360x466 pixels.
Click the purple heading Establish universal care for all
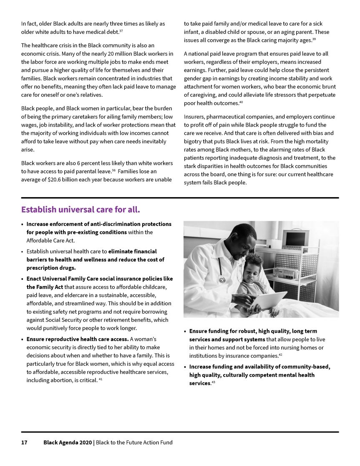pyautogui.click(x=83, y=209)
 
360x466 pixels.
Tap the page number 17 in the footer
pyautogui.click(x=24, y=443)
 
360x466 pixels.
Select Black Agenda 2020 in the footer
pyautogui.click(x=68, y=443)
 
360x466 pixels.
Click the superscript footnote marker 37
pyautogui.click(x=121, y=30)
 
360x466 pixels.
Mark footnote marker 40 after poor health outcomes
pyautogui.click(x=241, y=102)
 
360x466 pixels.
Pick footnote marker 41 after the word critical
pyautogui.click(x=101, y=379)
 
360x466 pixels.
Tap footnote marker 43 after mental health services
pyautogui.click(x=213, y=382)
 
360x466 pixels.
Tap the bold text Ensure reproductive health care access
pyautogui.click(x=78, y=339)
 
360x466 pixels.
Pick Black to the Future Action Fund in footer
pyautogui.click(x=134, y=443)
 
